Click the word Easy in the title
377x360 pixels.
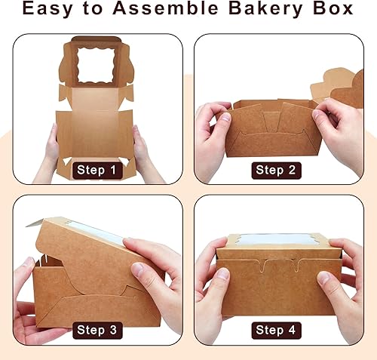[50, 11]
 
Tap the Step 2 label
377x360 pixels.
[280, 171]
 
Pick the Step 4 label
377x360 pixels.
[280, 330]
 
